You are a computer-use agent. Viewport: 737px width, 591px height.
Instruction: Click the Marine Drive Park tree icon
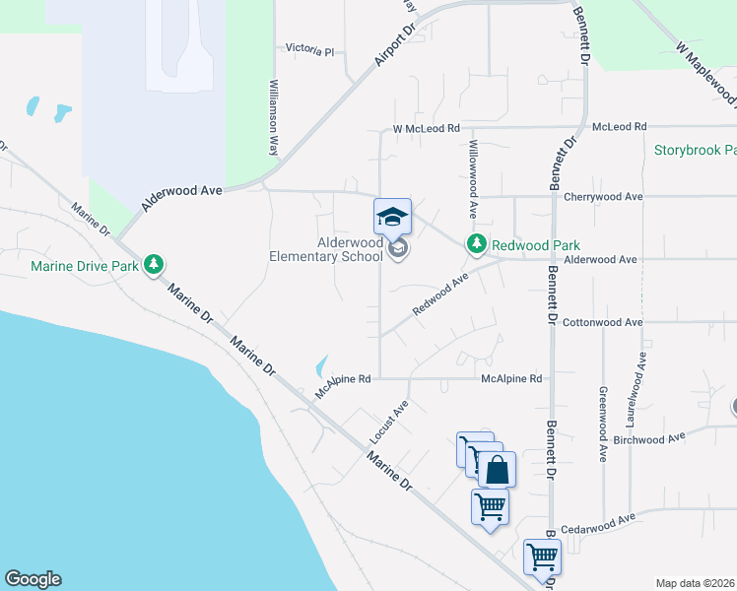click(x=153, y=265)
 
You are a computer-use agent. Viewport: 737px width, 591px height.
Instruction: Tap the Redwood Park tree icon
click(x=477, y=243)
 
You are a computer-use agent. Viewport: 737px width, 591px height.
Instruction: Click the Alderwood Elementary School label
click(x=326, y=250)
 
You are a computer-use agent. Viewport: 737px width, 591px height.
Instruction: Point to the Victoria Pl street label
click(x=310, y=48)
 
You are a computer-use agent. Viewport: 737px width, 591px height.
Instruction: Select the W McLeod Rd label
click(x=426, y=128)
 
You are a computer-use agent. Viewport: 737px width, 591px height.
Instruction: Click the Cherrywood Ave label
click(x=603, y=196)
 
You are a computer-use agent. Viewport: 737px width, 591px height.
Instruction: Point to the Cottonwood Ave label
click(x=603, y=322)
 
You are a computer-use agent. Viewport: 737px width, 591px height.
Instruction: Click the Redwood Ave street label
click(x=439, y=295)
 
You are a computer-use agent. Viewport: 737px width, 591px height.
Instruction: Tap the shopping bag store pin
click(x=498, y=470)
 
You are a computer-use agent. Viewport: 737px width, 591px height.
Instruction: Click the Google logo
click(x=33, y=579)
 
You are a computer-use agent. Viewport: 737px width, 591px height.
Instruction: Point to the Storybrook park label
click(x=695, y=151)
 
